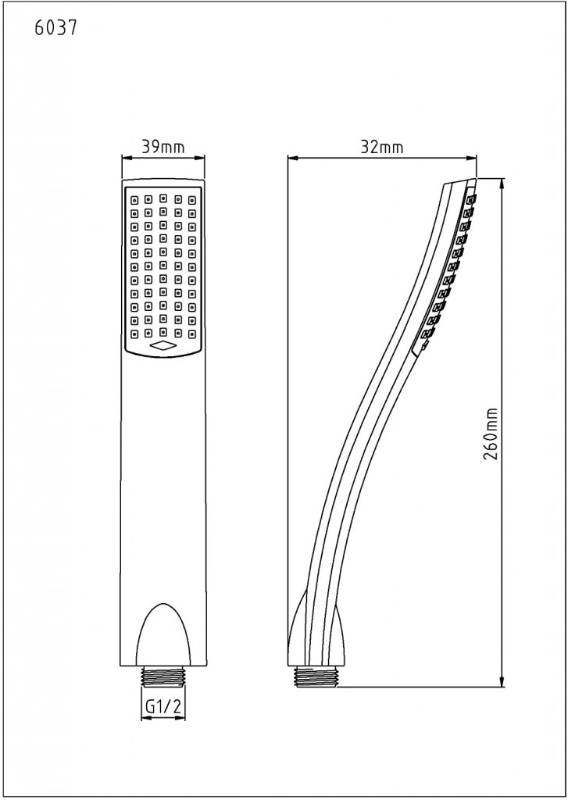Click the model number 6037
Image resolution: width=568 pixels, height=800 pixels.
point(55,29)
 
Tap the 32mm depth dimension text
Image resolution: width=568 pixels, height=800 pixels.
point(384,146)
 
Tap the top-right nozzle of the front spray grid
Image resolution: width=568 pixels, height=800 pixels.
point(193,198)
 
